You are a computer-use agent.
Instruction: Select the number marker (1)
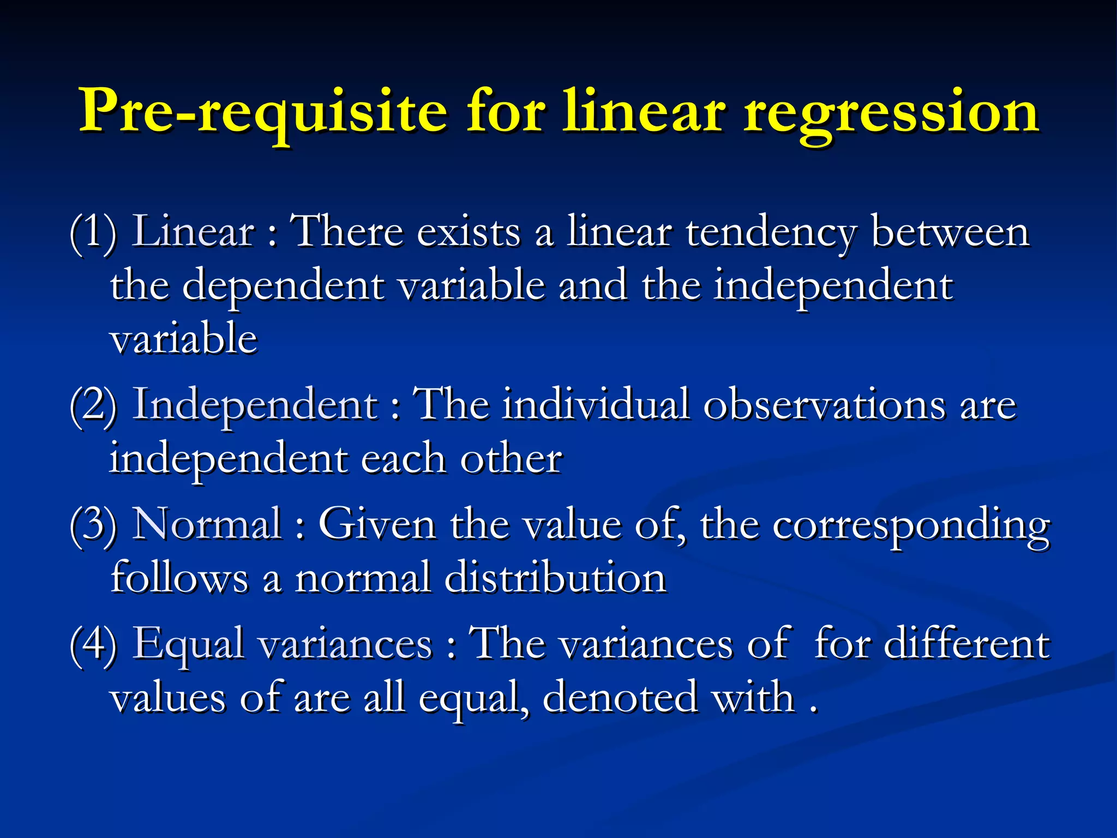point(93,232)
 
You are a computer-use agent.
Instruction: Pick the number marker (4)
point(93,644)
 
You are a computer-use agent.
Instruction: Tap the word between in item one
point(950,232)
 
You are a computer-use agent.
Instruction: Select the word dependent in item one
point(283,286)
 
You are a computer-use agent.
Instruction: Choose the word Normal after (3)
point(208,524)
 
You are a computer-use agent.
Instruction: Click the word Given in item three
point(377,524)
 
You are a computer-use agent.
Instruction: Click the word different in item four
point(966,644)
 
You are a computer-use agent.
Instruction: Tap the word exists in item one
point(469,232)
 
